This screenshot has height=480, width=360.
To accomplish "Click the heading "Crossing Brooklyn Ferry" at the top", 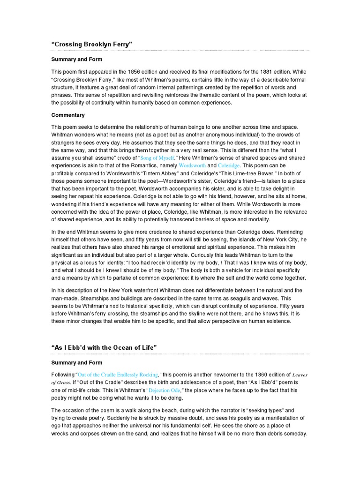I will pos(92,44).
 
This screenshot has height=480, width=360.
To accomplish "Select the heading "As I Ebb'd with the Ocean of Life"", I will pos(104,347).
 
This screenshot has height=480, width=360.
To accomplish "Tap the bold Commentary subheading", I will pos(68,115).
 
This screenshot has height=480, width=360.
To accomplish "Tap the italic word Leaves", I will pos(300,375).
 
